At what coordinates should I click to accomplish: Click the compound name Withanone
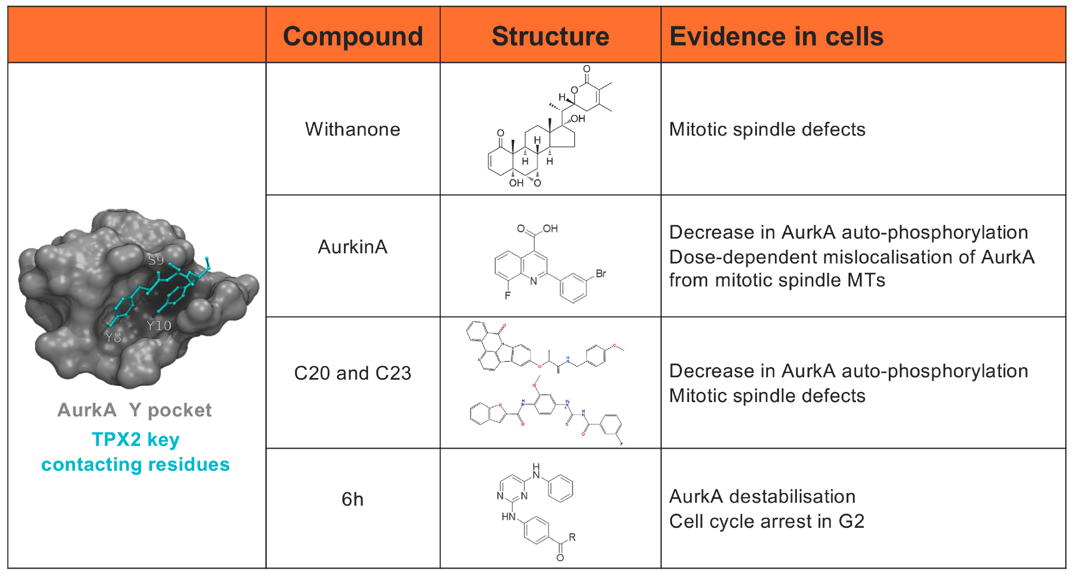[352, 130]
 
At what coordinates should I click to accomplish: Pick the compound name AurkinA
[352, 247]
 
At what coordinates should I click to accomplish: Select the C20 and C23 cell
[352, 373]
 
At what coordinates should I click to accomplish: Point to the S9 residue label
[156, 260]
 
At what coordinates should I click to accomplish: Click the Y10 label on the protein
[159, 326]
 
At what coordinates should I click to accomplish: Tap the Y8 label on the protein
[113, 337]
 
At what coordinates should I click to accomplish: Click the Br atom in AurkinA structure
[601, 274]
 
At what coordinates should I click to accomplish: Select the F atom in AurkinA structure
[507, 296]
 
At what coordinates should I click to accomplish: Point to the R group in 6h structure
[572, 537]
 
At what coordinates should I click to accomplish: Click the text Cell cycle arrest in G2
[766, 521]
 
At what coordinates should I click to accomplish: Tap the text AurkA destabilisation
[762, 496]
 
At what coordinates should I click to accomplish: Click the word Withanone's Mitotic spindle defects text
[767, 130]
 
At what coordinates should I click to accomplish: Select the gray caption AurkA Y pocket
[134, 410]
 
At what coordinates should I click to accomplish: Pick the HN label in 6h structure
[508, 517]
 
